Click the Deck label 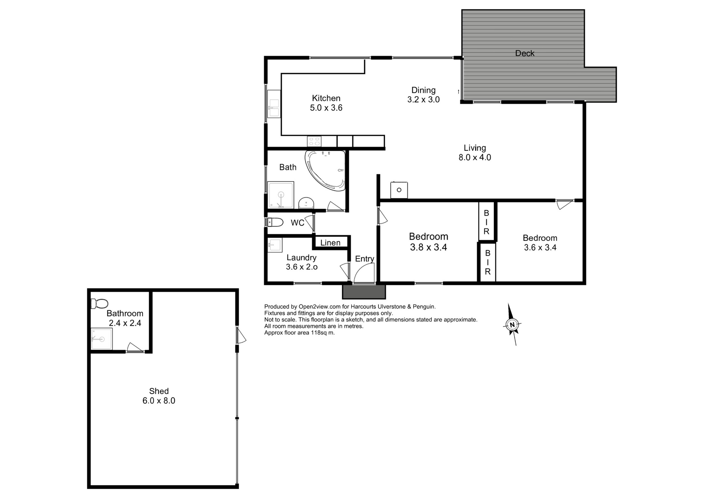[x=524, y=54]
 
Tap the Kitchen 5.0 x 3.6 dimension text [x=326, y=108]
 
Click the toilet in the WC [x=275, y=222]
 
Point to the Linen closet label [x=330, y=243]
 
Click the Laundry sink [x=274, y=245]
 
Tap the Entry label [x=364, y=259]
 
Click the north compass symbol [x=512, y=325]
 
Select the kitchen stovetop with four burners [x=314, y=141]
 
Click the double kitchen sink [x=274, y=104]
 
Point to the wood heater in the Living [x=399, y=190]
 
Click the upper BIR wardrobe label [x=486, y=222]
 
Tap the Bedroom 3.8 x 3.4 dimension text [x=428, y=248]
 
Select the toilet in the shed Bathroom [x=99, y=304]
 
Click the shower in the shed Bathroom [x=101, y=339]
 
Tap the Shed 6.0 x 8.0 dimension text [x=159, y=401]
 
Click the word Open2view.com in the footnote [x=319, y=307]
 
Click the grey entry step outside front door [x=364, y=292]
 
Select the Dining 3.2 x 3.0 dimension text [x=423, y=100]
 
